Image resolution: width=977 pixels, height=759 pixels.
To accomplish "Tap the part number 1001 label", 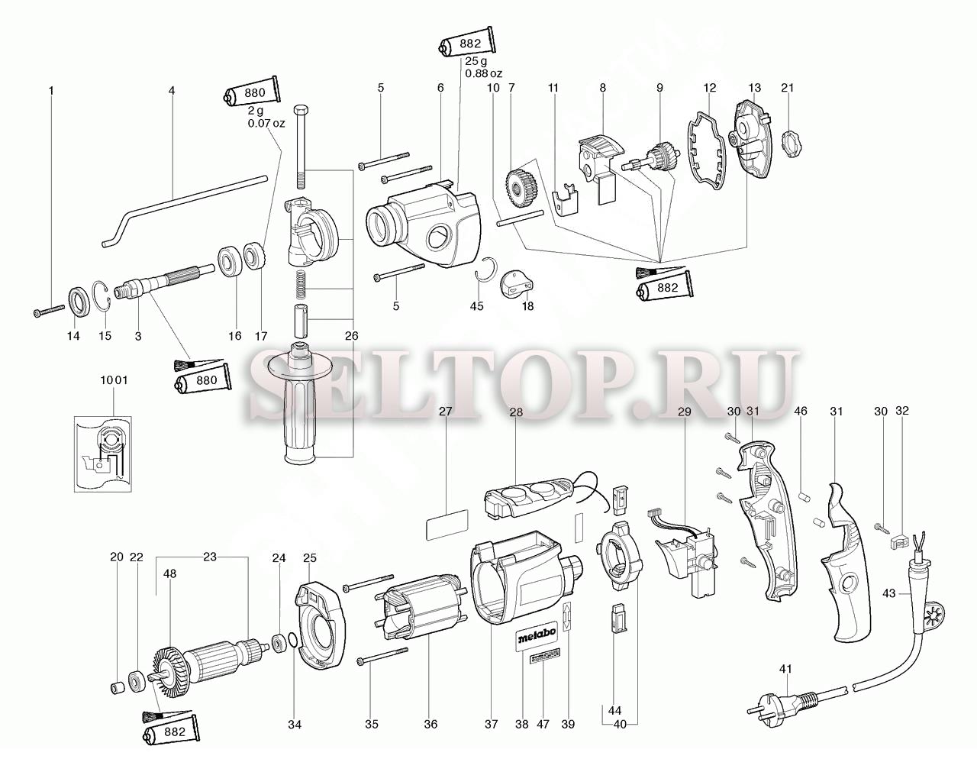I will [114, 379].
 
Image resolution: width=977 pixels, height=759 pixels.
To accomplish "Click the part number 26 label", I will [351, 336].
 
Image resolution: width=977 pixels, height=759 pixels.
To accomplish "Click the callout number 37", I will [491, 724].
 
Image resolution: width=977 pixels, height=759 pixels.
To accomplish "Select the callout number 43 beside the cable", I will [889, 593].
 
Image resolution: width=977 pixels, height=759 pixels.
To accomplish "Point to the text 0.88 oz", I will [483, 73].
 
